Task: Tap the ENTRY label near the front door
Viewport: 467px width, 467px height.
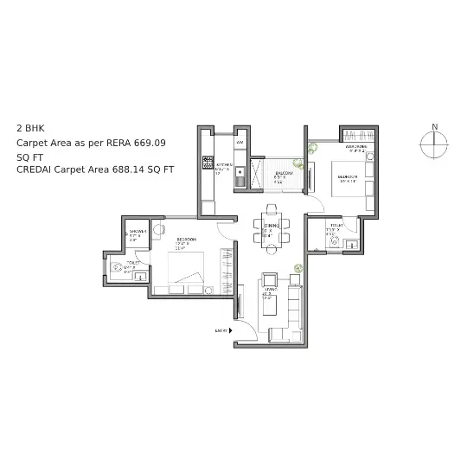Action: click(x=221, y=330)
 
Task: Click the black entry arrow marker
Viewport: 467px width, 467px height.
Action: click(x=232, y=330)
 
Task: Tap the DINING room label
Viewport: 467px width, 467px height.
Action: click(x=269, y=225)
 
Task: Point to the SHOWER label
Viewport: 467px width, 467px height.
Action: click(x=136, y=232)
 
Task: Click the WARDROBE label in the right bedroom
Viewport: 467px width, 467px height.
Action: click(x=358, y=148)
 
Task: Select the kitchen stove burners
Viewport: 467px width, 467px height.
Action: click(x=207, y=161)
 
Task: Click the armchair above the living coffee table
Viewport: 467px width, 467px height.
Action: click(x=269, y=278)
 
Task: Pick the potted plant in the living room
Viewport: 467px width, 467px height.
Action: click(x=297, y=269)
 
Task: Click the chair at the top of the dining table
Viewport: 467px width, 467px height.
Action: click(x=272, y=208)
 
